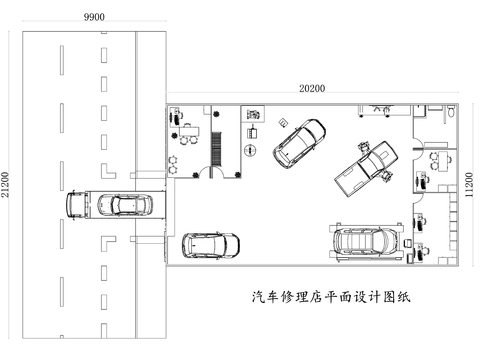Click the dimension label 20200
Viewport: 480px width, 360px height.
[313, 88]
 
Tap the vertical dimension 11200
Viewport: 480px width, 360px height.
[470, 185]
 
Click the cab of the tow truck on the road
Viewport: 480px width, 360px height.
[78, 204]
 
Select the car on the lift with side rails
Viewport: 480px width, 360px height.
[364, 241]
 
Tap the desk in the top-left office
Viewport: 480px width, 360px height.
[190, 131]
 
